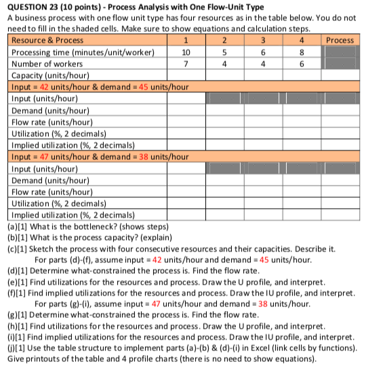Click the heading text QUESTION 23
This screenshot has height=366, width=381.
point(35,6)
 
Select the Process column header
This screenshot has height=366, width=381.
point(340,40)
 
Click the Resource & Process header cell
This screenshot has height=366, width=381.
point(48,40)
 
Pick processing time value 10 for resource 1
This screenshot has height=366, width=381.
point(186,52)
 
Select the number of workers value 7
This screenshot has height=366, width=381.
point(186,63)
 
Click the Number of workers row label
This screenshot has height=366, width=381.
point(47,63)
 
